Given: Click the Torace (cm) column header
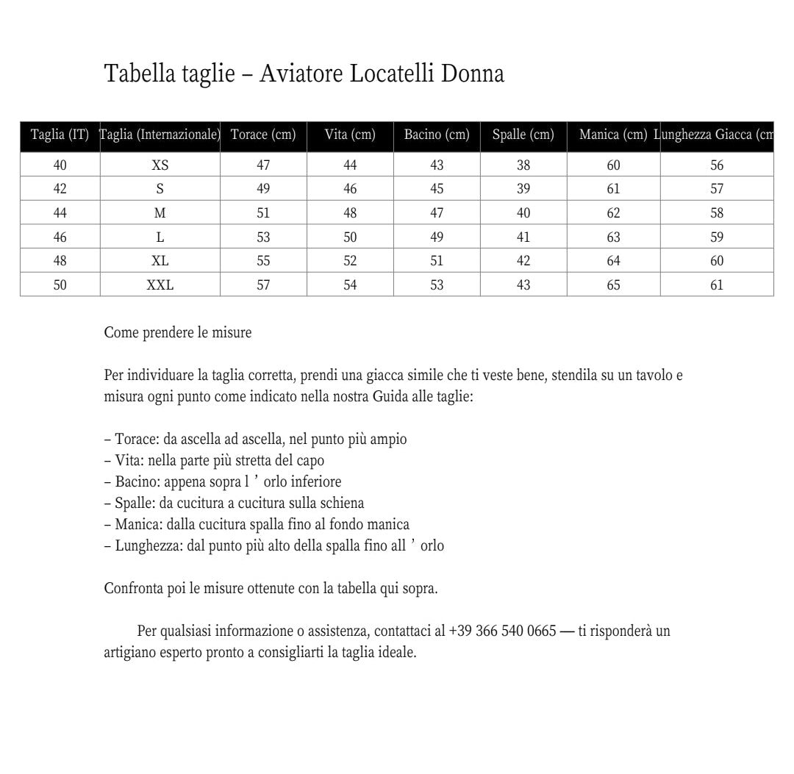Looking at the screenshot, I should (x=263, y=135).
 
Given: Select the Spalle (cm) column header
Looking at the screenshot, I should (x=523, y=135).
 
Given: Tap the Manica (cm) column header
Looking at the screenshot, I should (x=613, y=135).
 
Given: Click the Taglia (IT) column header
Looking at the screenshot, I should (x=60, y=135).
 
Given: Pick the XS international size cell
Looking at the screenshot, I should (x=160, y=165).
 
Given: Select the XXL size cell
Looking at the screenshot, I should (x=160, y=285).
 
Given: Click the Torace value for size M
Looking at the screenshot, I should (x=263, y=213).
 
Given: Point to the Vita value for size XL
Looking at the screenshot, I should (x=350, y=261).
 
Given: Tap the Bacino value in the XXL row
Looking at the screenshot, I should (x=437, y=285).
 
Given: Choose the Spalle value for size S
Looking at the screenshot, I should (x=523, y=189).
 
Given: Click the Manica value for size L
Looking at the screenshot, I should (x=613, y=237).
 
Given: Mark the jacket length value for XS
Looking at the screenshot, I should (x=717, y=165).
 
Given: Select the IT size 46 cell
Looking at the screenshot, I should (x=60, y=237).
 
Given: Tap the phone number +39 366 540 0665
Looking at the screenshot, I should (x=502, y=631).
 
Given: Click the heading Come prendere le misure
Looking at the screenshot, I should (x=178, y=332).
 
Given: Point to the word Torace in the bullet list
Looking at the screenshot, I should (x=136, y=440).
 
